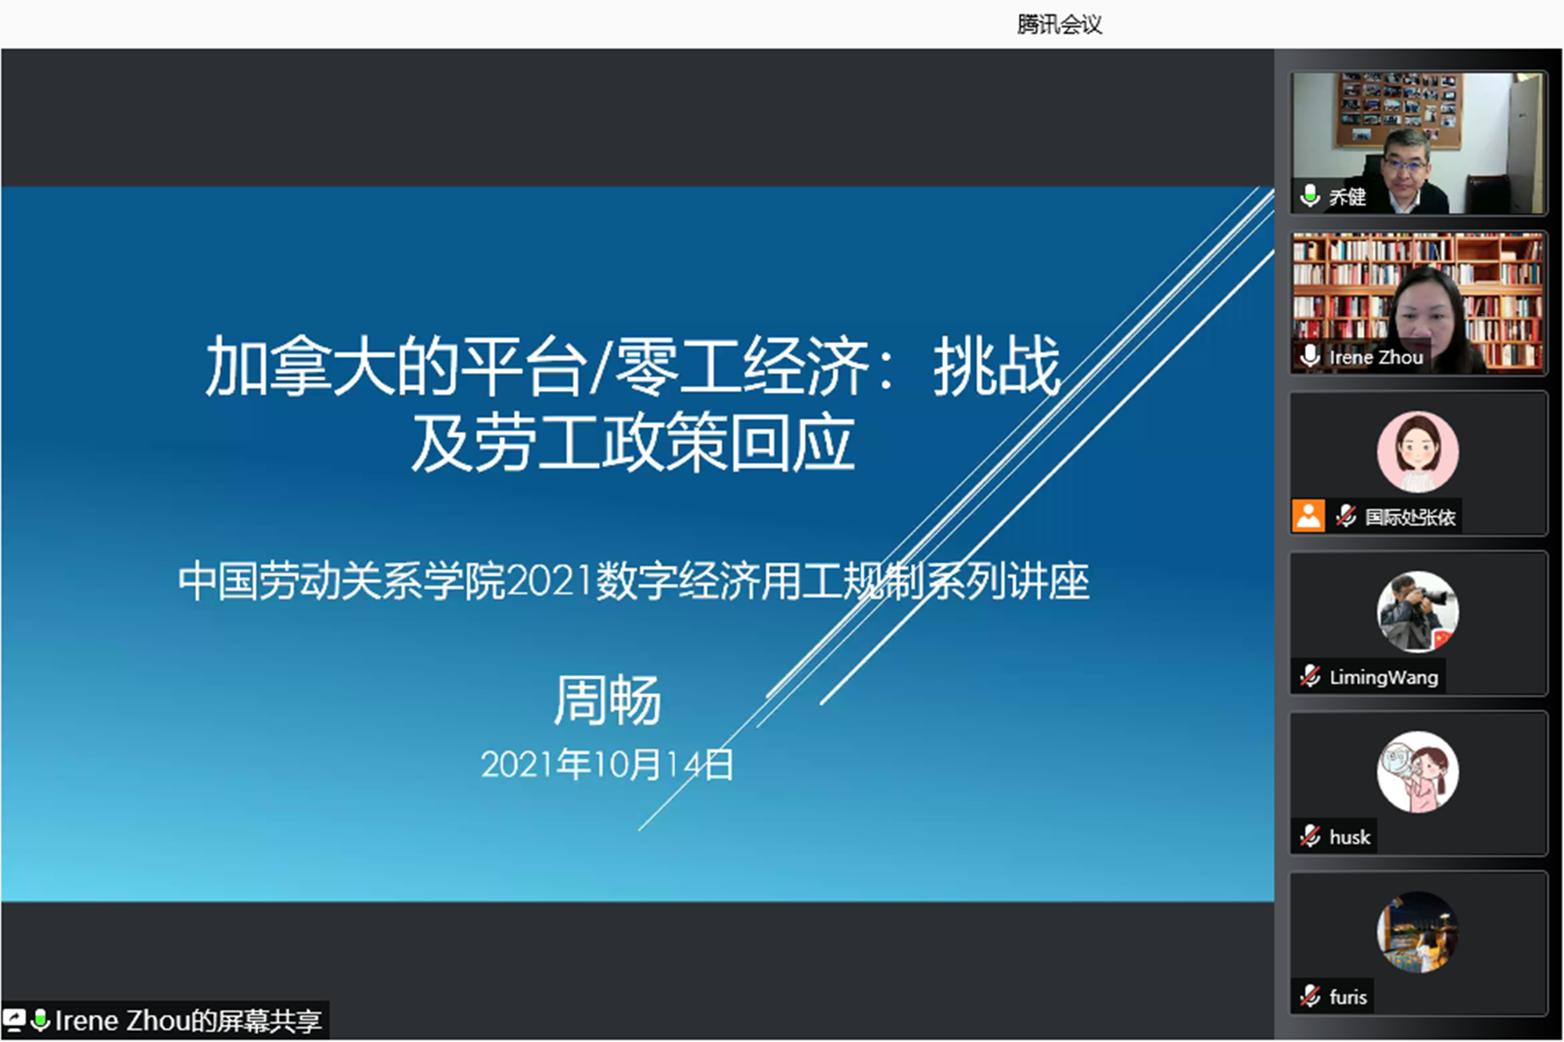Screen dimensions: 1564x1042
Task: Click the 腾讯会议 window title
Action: pos(1060,24)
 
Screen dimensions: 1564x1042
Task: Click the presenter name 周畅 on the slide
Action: pos(608,700)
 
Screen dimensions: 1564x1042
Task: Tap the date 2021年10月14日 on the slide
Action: pos(608,764)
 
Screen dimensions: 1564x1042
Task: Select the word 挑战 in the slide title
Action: pos(997,365)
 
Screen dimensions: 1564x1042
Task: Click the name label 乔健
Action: pos(1347,197)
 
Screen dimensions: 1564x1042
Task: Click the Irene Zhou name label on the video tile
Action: pos(1376,357)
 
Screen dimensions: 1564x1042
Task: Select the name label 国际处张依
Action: pos(1410,517)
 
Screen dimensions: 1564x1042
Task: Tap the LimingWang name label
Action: pos(1383,677)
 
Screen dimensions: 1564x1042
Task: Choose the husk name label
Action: pos(1350,837)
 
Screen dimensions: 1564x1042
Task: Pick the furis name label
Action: pos(1348,997)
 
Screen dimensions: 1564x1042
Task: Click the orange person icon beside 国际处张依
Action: pos(1308,516)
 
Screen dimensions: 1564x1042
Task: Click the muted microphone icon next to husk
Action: pos(1310,836)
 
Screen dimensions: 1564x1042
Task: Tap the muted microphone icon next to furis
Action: pos(1310,996)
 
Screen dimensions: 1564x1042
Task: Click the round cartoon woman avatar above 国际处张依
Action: pos(1418,452)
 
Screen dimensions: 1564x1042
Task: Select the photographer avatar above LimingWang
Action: pos(1418,612)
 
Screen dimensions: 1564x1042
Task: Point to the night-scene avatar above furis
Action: pos(1418,932)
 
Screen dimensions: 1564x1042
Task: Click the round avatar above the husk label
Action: pos(1418,772)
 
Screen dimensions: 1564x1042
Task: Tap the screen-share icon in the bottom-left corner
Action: pos(14,1020)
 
